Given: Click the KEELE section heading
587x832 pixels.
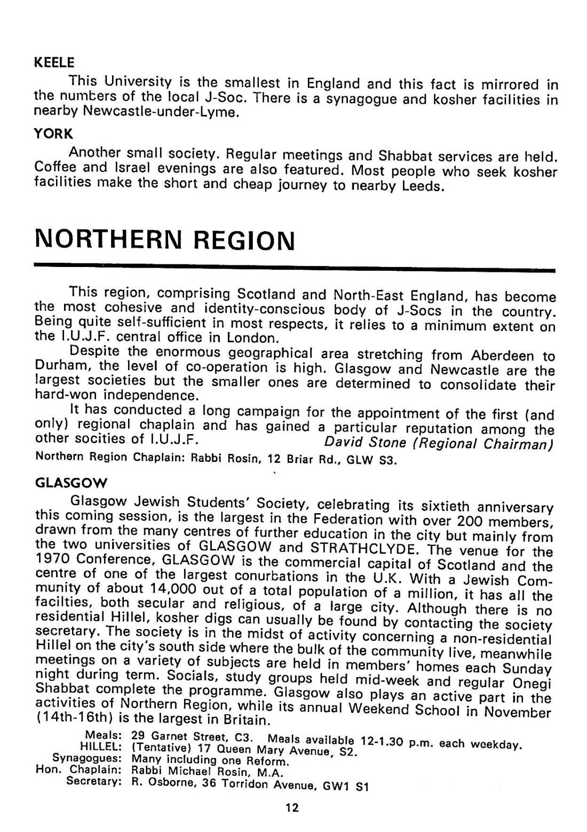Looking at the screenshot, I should click(54, 62).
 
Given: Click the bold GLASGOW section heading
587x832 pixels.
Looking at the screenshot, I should click(70, 483).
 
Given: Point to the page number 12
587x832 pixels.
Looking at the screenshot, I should click(292, 807).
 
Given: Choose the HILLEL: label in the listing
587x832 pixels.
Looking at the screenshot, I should click(101, 747).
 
